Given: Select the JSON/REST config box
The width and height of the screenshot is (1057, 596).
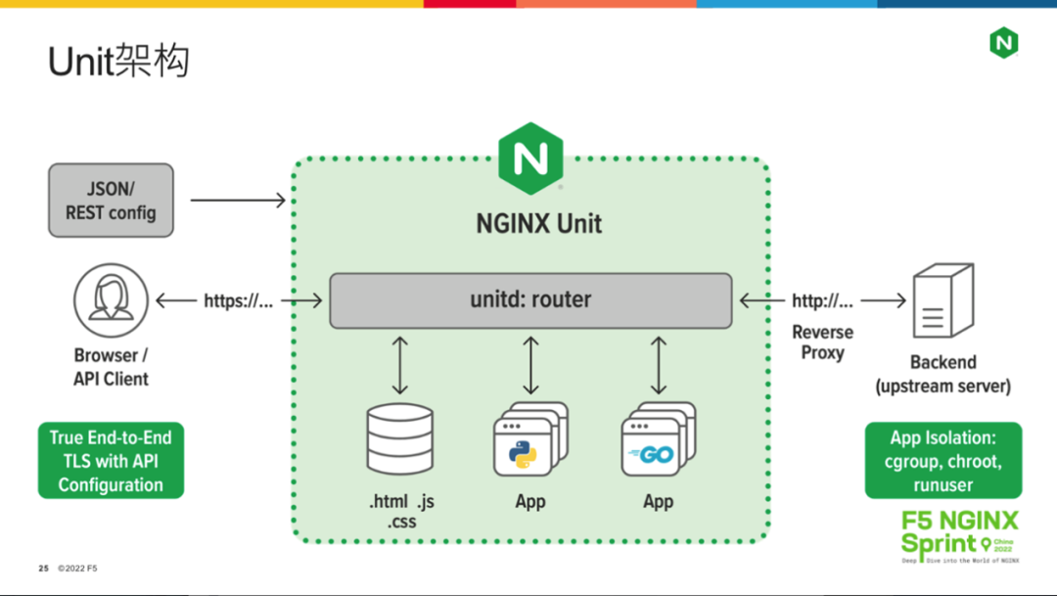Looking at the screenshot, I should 111,200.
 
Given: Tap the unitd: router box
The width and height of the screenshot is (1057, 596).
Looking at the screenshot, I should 530,299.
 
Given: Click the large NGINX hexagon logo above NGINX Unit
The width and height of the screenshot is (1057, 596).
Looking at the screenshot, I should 530,159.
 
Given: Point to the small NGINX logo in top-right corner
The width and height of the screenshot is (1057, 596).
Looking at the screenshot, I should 1003,42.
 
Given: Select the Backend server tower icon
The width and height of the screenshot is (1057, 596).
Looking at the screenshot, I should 942,302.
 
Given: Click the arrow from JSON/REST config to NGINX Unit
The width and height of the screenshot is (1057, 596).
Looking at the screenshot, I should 237,201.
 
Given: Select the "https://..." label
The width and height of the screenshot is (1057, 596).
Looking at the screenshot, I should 238,301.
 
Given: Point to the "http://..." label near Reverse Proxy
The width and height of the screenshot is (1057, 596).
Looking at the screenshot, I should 822,301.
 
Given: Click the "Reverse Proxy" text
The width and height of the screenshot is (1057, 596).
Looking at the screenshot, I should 822,343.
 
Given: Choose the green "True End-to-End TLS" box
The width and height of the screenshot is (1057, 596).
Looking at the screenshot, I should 111,461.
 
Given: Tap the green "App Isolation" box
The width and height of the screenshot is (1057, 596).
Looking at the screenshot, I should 942,461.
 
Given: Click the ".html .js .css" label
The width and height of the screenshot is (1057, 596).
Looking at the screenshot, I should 401,511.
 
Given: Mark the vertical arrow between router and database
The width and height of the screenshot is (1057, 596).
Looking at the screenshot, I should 400,364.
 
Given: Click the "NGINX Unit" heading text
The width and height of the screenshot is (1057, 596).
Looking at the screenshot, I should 538,224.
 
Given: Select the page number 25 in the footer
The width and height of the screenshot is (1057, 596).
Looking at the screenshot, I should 43,568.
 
